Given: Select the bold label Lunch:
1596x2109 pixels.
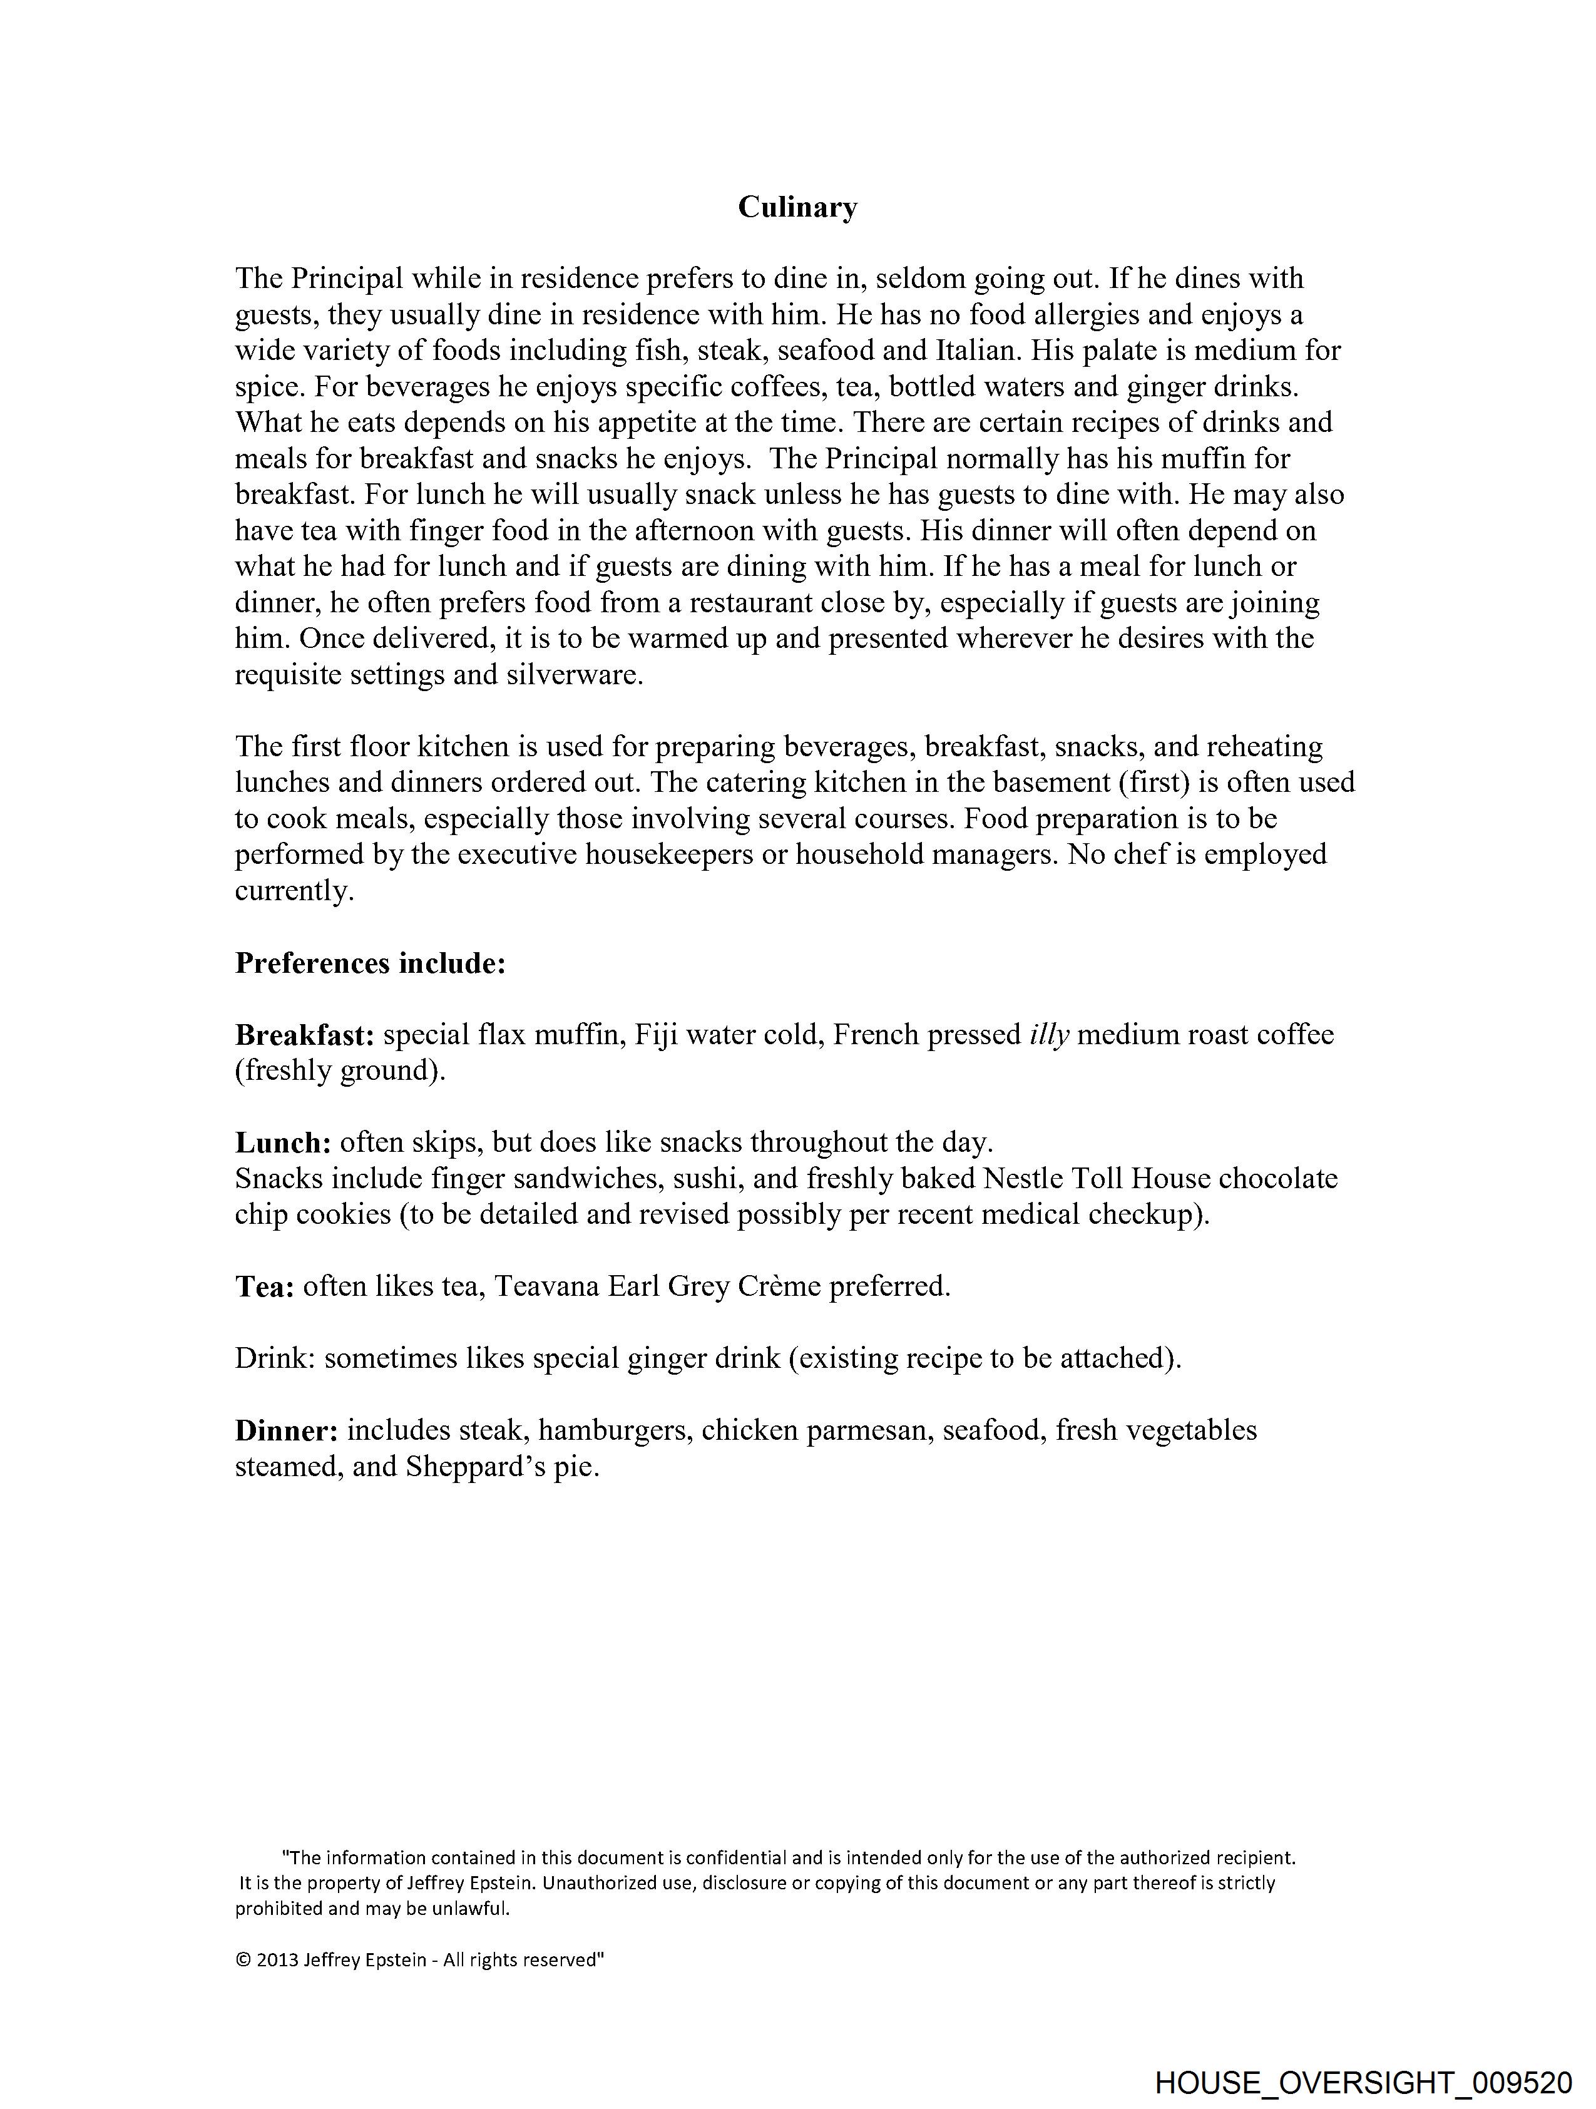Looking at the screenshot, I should click(x=283, y=1143).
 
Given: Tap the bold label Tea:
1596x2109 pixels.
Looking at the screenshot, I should click(x=264, y=1287).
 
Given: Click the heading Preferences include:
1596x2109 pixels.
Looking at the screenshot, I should click(x=370, y=964).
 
